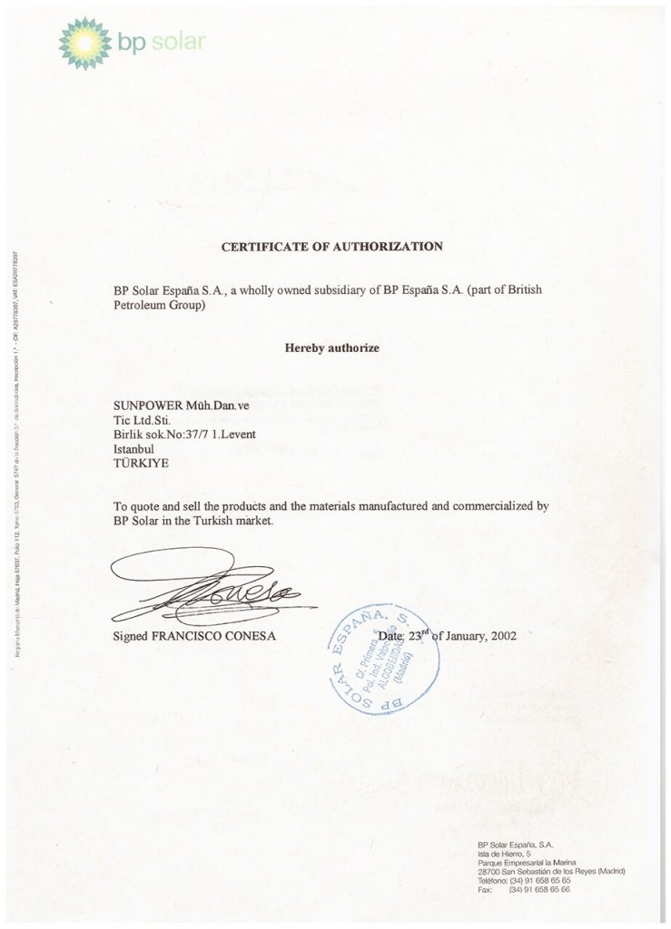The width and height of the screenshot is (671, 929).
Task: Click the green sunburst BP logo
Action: coord(84,43)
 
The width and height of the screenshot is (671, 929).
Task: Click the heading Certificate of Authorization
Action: coord(332,246)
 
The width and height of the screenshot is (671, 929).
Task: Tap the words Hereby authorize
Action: coord(332,347)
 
